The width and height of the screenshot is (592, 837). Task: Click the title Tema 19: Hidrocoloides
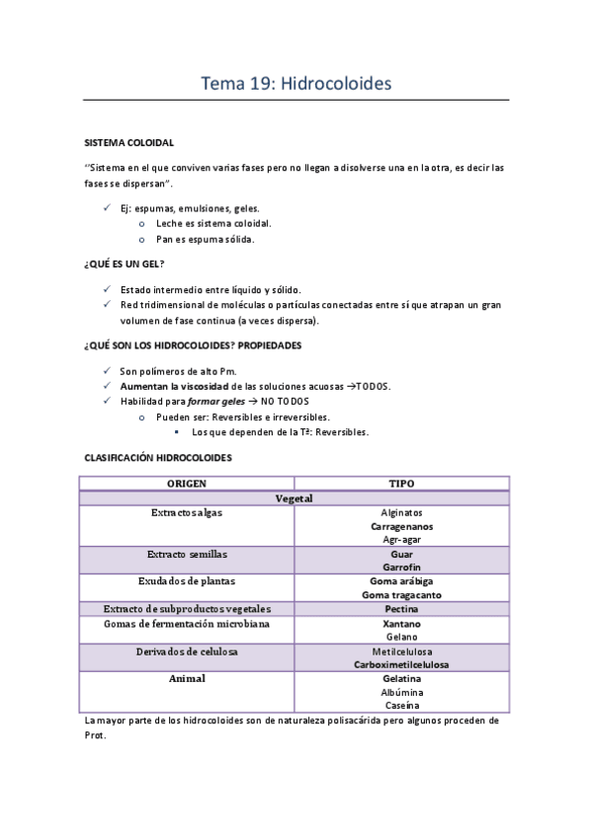pyautogui.click(x=296, y=84)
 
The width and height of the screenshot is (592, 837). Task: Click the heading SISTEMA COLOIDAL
pyautogui.click(x=128, y=142)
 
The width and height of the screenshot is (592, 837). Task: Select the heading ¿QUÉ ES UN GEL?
pyautogui.click(x=125, y=265)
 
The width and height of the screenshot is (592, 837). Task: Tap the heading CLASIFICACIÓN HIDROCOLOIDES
pyautogui.click(x=158, y=459)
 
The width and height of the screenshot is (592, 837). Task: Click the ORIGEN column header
pyautogui.click(x=187, y=484)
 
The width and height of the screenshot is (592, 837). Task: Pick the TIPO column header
pyautogui.click(x=401, y=484)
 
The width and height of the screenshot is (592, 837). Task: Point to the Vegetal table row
pyautogui.click(x=295, y=498)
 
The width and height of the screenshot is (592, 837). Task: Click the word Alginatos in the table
pyautogui.click(x=401, y=513)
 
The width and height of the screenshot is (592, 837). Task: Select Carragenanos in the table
pyautogui.click(x=401, y=526)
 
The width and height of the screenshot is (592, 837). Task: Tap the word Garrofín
pyautogui.click(x=401, y=568)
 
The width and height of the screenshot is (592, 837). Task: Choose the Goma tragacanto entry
pyautogui.click(x=401, y=595)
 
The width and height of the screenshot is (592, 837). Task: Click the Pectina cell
pyautogui.click(x=401, y=609)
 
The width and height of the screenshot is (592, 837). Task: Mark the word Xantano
pyautogui.click(x=401, y=624)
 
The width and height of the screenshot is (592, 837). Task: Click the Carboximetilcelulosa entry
pyautogui.click(x=401, y=664)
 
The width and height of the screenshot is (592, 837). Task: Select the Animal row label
pyautogui.click(x=187, y=679)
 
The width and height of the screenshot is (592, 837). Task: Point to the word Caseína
pyautogui.click(x=401, y=706)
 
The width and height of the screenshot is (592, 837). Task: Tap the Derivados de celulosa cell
pyautogui.click(x=187, y=652)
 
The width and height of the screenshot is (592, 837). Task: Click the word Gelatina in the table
pyautogui.click(x=401, y=679)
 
